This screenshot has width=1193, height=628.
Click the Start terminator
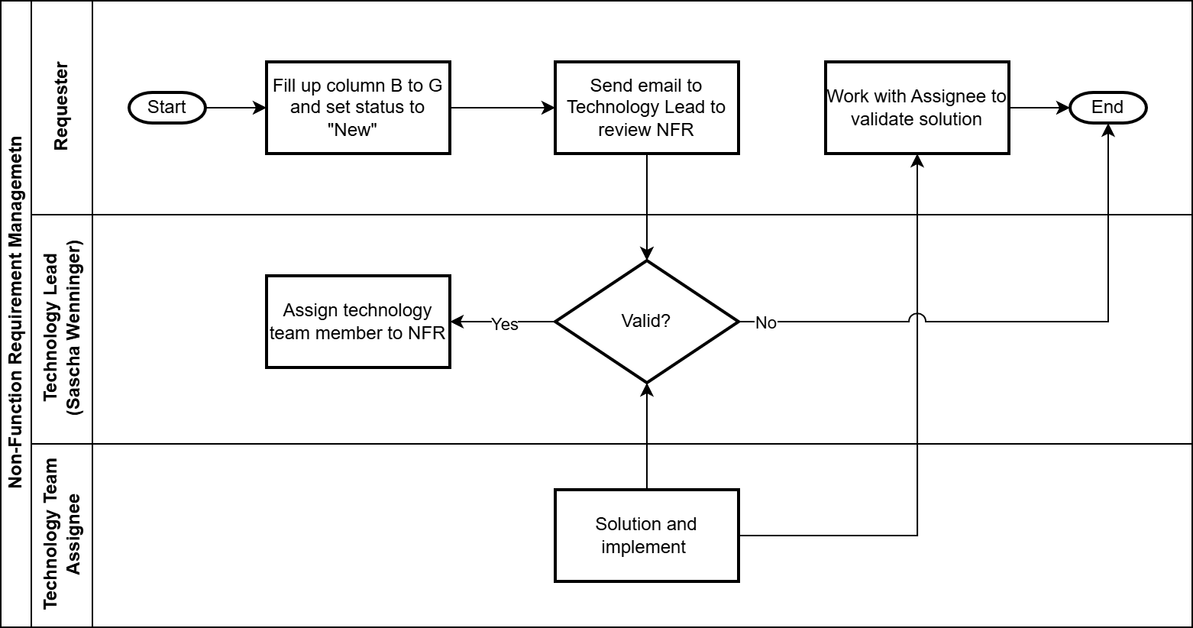(167, 108)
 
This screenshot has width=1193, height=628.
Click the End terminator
(1107, 108)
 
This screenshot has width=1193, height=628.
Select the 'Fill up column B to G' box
(358, 108)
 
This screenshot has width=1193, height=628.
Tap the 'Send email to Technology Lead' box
(647, 108)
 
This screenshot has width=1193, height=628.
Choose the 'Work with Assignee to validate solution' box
(917, 108)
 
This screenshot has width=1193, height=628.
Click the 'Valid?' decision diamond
(647, 321)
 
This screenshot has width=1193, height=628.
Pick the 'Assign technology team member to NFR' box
(358, 321)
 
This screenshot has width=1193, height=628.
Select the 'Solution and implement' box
(647, 536)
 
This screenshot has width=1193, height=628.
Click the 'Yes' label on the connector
(504, 324)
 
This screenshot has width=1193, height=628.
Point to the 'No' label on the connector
(766, 323)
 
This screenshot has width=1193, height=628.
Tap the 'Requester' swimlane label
(60, 106)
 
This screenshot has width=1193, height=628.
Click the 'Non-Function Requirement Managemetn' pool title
(15, 312)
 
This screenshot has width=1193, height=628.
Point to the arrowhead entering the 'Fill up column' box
(260, 108)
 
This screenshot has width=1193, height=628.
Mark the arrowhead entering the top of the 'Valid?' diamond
(647, 254)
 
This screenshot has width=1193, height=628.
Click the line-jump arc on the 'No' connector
(917, 318)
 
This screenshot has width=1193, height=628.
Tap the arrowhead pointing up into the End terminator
(1107, 131)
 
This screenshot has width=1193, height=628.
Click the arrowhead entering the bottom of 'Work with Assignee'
(917, 161)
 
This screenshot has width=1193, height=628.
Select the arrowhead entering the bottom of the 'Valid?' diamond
(647, 390)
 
